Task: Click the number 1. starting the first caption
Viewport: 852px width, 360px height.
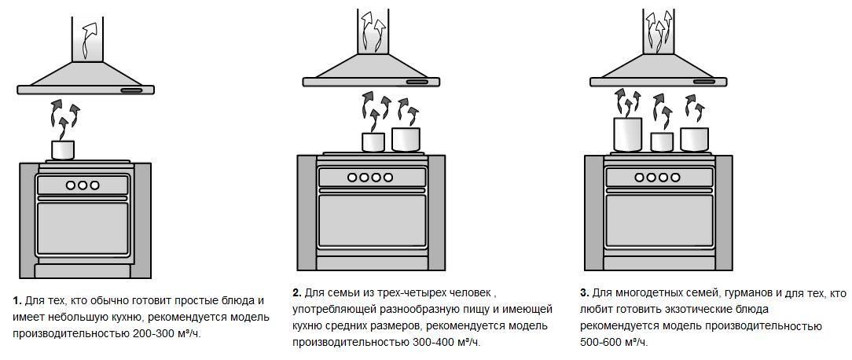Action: [17, 301]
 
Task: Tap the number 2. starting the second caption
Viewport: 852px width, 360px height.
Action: [297, 293]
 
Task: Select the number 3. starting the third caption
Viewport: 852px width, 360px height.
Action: [584, 293]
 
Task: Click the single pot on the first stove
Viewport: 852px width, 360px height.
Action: [62, 149]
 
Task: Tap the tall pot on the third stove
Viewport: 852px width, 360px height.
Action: [626, 134]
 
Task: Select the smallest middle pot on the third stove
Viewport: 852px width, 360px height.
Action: [662, 142]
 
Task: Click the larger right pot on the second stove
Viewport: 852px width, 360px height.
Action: [406, 139]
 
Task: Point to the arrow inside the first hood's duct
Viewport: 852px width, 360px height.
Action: [89, 39]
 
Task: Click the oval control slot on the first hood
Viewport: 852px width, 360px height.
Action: [132, 90]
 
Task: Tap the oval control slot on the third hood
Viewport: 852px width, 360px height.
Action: [704, 81]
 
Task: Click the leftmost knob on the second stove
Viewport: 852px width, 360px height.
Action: [351, 178]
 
